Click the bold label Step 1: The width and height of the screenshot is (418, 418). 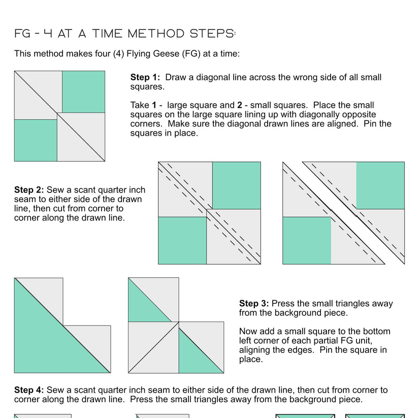pos(145,78)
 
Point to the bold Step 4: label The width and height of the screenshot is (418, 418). pos(29,390)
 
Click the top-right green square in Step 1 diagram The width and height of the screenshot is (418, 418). pos(83,92)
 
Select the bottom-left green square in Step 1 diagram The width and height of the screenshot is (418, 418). pos(36,140)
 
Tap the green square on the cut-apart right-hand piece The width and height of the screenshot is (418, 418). pos(380,186)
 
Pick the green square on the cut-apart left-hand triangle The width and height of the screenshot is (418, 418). pos(306,240)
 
